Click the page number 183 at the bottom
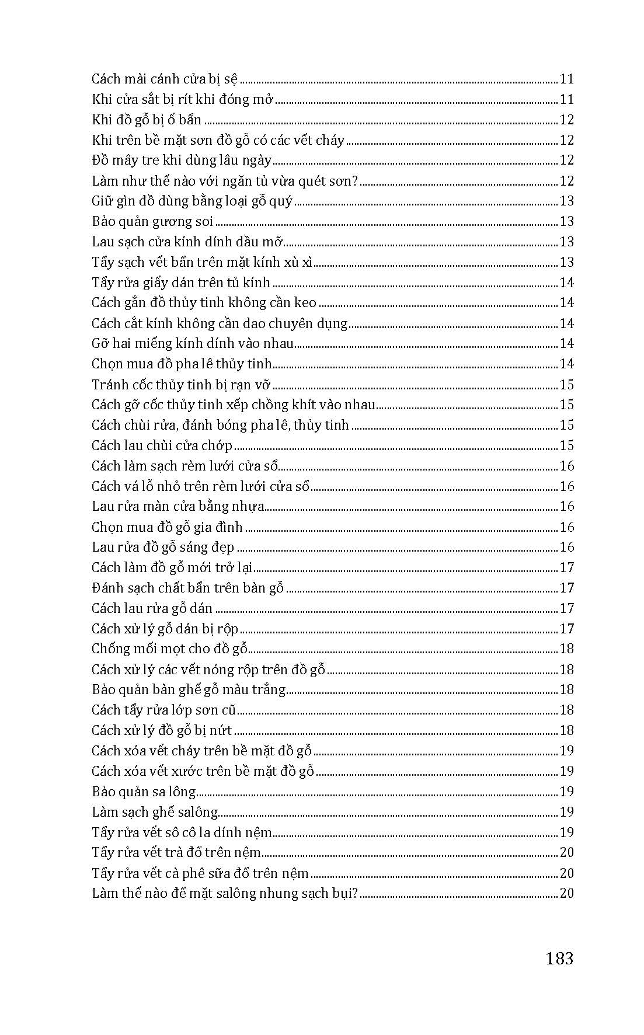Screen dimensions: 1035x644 pos(559,959)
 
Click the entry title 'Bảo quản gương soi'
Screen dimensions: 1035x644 pos(152,222)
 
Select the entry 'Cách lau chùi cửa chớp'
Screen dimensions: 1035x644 pos(162,446)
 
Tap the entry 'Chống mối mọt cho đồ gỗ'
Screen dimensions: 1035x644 pos(169,649)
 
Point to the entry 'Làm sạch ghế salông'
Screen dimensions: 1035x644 pos(155,812)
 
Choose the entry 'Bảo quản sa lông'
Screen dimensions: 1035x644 pos(144,792)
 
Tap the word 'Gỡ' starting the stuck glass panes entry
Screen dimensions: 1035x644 pos(100,344)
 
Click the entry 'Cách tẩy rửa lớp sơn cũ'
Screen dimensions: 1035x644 pos(163,710)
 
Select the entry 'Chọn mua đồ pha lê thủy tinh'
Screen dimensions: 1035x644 pos(182,364)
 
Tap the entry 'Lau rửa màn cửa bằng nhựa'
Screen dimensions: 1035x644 pos(178,507)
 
